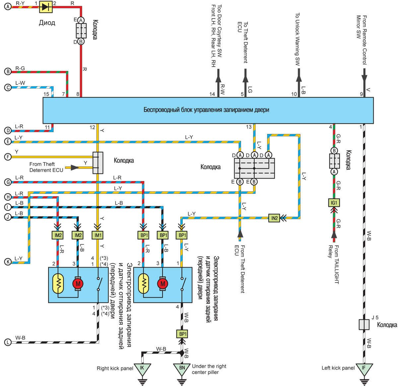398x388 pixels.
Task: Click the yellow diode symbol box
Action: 46,7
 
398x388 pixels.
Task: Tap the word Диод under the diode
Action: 47,23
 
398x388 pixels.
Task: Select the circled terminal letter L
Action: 8,342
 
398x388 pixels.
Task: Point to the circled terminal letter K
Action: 8,262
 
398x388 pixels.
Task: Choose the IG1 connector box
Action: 334,202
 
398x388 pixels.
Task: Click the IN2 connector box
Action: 274,218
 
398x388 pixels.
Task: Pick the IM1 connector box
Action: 98,235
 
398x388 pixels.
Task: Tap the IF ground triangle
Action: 364,368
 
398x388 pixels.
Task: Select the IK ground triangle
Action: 142,368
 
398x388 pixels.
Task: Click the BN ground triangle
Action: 182,368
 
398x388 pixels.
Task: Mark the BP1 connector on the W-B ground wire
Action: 182,334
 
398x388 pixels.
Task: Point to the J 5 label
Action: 375,317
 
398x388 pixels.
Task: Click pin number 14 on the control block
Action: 212,94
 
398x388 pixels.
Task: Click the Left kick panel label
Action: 338,368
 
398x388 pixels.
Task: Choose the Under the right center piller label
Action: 209,369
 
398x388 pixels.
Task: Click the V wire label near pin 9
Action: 368,90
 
